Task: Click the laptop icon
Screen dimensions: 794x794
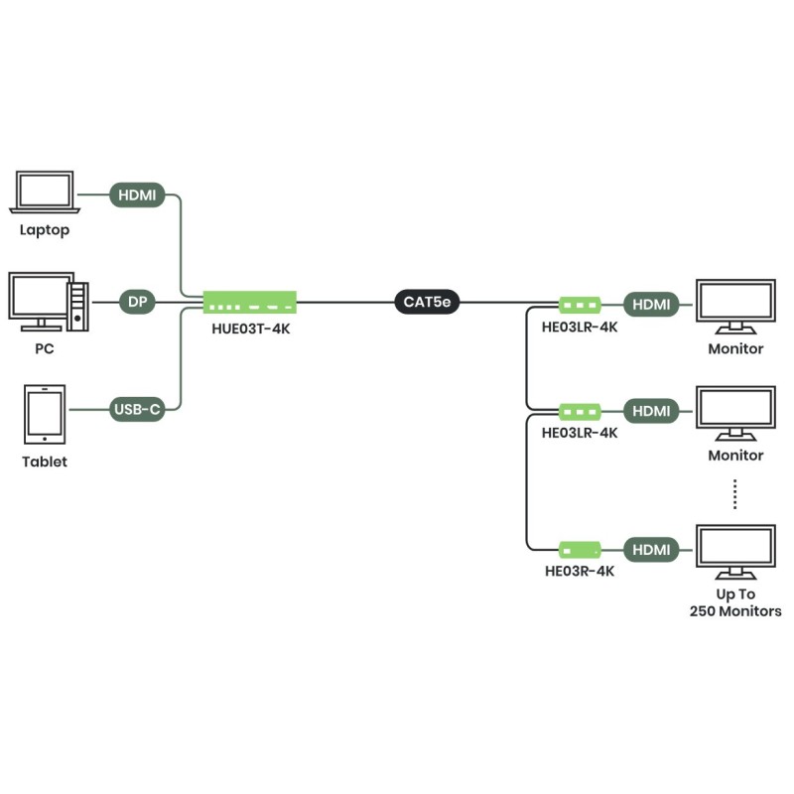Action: (45, 192)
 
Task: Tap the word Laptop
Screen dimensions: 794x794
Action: (45, 230)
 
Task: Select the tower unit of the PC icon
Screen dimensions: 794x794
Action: (78, 306)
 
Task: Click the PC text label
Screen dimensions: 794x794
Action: (44, 349)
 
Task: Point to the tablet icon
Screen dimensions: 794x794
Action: (45, 414)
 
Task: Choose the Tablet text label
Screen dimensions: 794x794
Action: (45, 462)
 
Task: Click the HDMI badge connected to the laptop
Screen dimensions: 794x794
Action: (137, 195)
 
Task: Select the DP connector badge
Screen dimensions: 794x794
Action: (137, 302)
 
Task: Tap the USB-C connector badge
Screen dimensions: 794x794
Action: (137, 409)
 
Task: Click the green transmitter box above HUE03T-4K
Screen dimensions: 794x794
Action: (250, 302)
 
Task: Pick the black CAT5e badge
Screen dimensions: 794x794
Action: (428, 302)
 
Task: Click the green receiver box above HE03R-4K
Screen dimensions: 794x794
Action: (580, 549)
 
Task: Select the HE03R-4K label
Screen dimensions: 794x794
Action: (580, 572)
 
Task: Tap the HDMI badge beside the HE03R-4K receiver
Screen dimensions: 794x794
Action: (651, 549)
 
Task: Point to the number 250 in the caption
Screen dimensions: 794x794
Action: (705, 611)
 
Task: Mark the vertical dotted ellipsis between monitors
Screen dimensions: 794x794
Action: (735, 493)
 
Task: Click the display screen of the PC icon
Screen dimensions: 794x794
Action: (38, 296)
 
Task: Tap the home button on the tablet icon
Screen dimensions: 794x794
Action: (45, 438)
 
